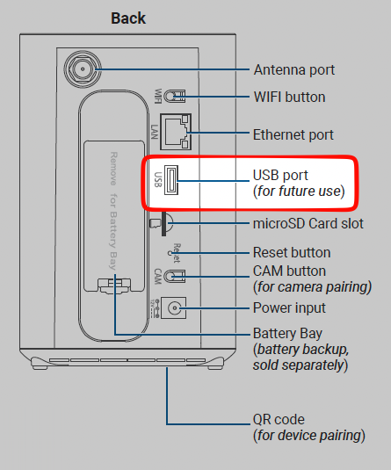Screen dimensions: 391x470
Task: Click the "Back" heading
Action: pos(128,18)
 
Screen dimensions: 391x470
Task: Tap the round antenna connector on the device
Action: pos(83,69)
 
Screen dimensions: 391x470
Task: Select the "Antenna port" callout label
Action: pos(294,70)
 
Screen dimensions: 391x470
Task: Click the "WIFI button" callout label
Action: pos(289,98)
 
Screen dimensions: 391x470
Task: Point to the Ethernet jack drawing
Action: pos(176,132)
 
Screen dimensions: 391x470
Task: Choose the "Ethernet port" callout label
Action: pos(293,135)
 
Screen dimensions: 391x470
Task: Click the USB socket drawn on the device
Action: pos(171,180)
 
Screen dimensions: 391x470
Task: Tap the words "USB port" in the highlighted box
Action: pos(280,176)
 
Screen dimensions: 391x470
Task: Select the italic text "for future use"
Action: pos(299,192)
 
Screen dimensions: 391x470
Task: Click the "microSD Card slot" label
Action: pos(308,224)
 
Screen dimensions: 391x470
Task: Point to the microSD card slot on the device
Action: pos(163,224)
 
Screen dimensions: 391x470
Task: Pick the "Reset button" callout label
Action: pos(292,253)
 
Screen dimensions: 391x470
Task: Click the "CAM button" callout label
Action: pos(289,271)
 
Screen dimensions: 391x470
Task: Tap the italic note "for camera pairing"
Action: pos(313,287)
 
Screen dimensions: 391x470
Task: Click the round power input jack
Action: pos(174,307)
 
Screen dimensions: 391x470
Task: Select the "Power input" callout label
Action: pos(289,308)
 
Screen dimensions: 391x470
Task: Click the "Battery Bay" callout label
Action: pos(287,334)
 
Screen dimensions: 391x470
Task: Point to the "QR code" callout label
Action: pos(279,420)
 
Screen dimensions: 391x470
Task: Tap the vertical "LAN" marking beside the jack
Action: pos(155,132)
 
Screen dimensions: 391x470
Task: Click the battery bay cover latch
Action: pos(114,286)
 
